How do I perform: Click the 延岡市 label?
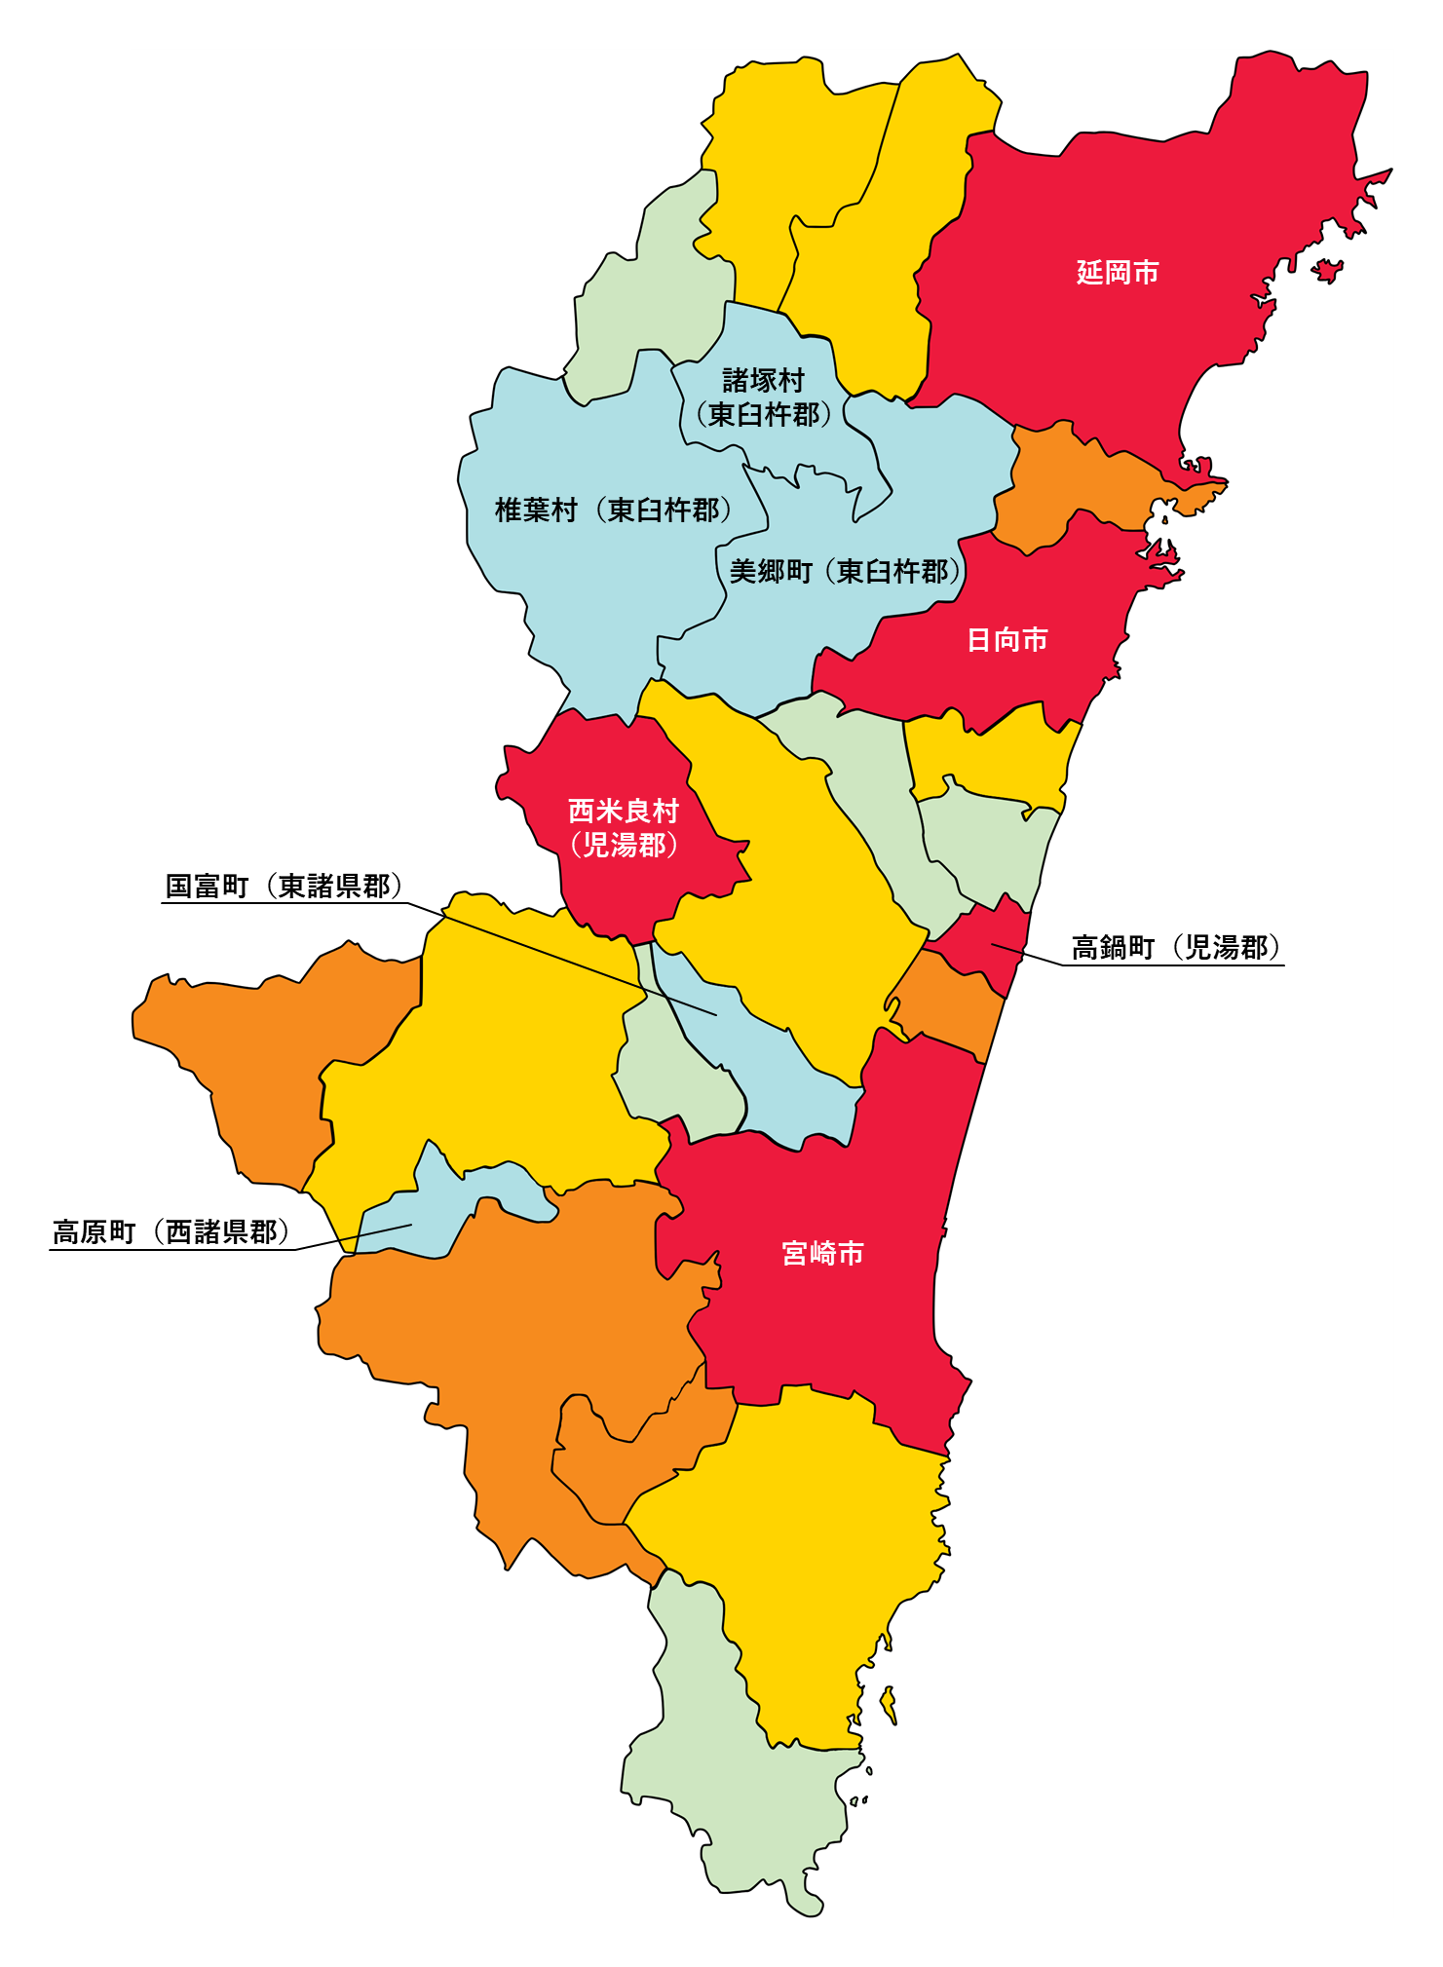pos(1118,272)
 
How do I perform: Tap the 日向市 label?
pos(1006,640)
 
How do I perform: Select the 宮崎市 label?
pos(822,1253)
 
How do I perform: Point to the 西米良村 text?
pos(624,811)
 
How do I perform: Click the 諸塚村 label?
pos(763,380)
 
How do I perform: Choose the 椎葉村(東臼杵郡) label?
pos(614,510)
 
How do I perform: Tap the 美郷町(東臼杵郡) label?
pos(845,572)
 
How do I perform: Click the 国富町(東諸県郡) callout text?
pos(284,887)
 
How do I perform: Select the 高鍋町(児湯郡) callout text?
pos(1176,947)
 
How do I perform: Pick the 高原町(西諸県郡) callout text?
pos(171,1232)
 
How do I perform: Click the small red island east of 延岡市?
pos(1327,270)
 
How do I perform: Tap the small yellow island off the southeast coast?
pos(888,1705)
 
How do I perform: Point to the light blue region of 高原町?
pos(429,1218)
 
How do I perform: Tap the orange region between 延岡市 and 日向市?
pos(1072,487)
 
